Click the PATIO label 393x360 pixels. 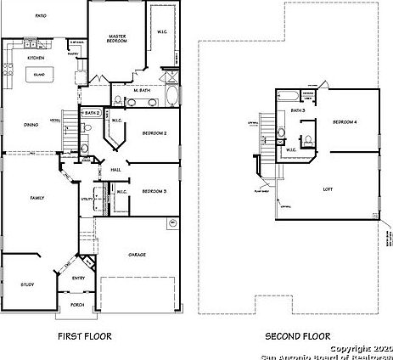pos(41,16)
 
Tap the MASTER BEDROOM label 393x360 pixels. pos(116,38)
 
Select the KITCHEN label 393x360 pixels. pos(36,58)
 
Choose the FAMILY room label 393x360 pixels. pos(37,197)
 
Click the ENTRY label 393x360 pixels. pos(78,278)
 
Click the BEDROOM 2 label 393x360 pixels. pos(153,133)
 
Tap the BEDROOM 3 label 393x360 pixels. pos(154,191)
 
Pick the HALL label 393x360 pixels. pos(116,170)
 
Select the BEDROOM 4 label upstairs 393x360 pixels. pos(344,124)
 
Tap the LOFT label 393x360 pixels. pos(326,188)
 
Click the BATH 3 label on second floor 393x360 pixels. pos(298,110)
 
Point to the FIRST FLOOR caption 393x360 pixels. pos(84,336)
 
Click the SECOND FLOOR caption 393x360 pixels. pos(291,336)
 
